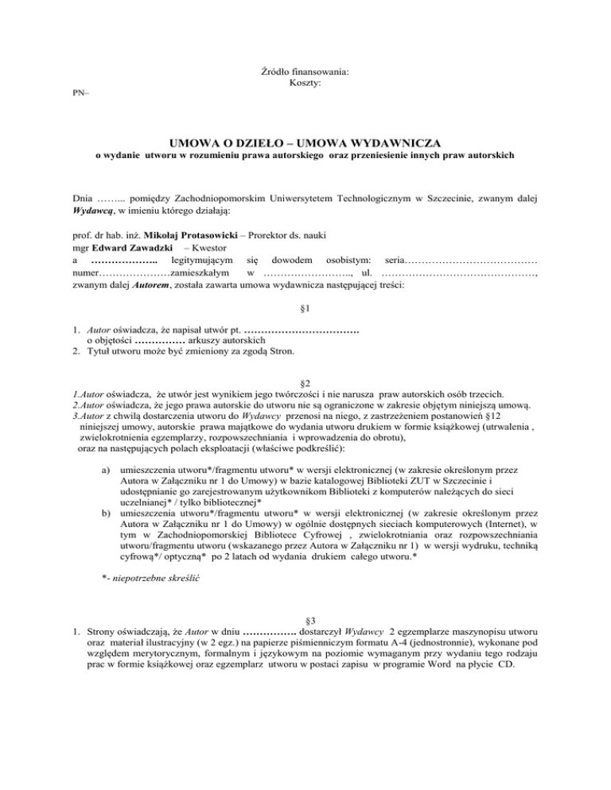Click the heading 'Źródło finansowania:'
tap(305, 72)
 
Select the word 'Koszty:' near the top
tap(305, 83)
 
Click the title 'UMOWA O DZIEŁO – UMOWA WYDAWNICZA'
tap(305, 141)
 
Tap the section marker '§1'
tap(305, 307)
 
